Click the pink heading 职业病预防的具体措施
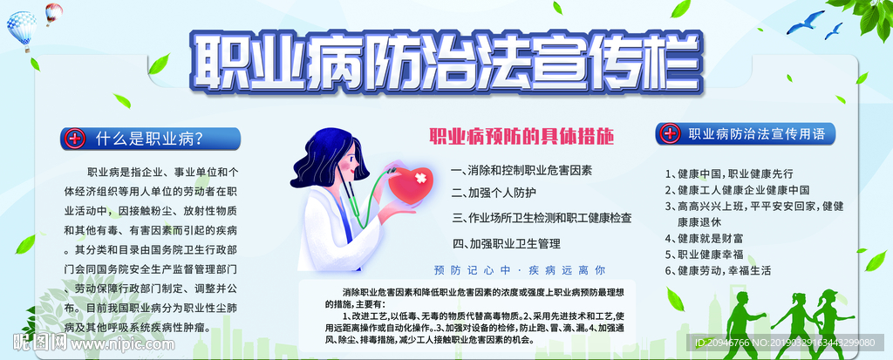click(521, 137)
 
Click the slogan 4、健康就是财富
click(704, 238)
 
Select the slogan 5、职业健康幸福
click(709, 255)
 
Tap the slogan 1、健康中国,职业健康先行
click(729, 173)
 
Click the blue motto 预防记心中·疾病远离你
click(519, 269)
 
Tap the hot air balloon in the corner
click(22, 27)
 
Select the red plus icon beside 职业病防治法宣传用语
click(669, 134)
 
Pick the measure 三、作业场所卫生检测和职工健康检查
click(542, 218)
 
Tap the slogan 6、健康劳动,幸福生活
click(719, 270)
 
